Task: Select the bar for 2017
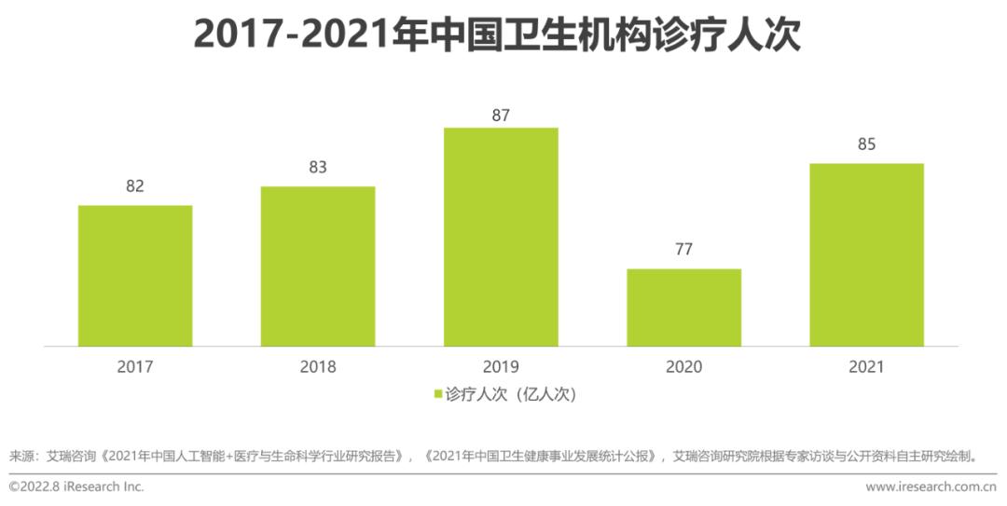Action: pos(135,276)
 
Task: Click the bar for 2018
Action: pos(318,267)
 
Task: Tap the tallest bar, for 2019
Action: pos(501,237)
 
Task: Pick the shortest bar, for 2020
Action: pos(683,308)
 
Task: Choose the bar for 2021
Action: pos(866,254)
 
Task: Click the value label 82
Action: pos(135,185)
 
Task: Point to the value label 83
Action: pos(318,167)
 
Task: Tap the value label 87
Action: pos(501,116)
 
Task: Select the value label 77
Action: pos(683,249)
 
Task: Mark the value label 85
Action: pos(866,144)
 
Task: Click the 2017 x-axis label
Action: pos(135,366)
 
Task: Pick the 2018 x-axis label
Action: pos(318,366)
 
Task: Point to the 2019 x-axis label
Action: pos(501,366)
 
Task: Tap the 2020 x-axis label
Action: pos(683,366)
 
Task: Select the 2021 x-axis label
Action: pos(866,366)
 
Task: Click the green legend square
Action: pos(437,394)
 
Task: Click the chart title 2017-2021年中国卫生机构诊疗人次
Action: pos(497,34)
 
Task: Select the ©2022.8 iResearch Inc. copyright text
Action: pos(76,486)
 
